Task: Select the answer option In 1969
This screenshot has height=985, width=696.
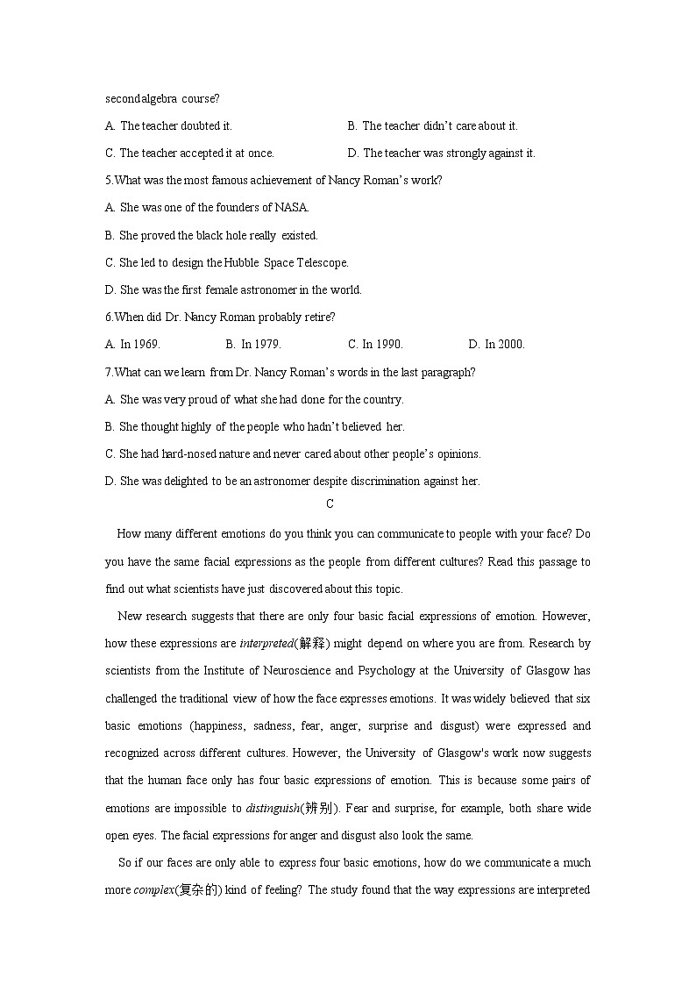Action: click(133, 345)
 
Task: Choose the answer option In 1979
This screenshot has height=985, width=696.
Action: click(254, 345)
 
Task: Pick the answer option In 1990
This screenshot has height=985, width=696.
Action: click(376, 345)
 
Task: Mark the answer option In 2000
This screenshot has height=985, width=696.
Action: click(498, 345)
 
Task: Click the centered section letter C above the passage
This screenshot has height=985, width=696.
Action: click(330, 504)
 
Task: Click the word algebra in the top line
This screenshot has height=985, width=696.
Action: click(158, 99)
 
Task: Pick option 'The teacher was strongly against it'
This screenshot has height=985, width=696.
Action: click(449, 153)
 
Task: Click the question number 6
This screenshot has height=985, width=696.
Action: click(108, 318)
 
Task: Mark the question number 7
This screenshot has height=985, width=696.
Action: click(108, 372)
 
